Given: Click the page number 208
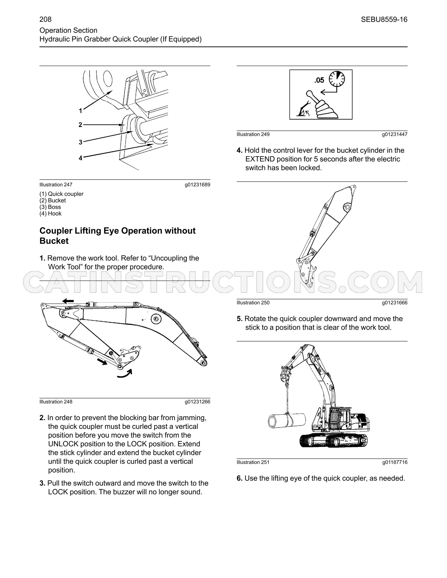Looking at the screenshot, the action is [x=45, y=19].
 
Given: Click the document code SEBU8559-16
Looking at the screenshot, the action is [x=384, y=19].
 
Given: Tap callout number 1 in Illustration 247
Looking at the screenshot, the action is [x=81, y=111].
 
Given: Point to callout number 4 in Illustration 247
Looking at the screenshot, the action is [x=81, y=158].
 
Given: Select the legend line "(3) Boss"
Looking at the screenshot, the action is [x=50, y=207].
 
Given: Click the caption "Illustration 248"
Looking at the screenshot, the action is [x=56, y=402].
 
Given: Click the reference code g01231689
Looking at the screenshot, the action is [x=197, y=185].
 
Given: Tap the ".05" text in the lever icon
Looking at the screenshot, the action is [x=319, y=80].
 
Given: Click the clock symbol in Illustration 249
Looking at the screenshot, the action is [x=337, y=79].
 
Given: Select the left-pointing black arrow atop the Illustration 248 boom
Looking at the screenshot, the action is [x=68, y=301].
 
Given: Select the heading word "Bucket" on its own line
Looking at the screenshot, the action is [x=54, y=241].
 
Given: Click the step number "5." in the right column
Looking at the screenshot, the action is [x=240, y=319].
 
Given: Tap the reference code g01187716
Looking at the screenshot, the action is [x=395, y=462].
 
